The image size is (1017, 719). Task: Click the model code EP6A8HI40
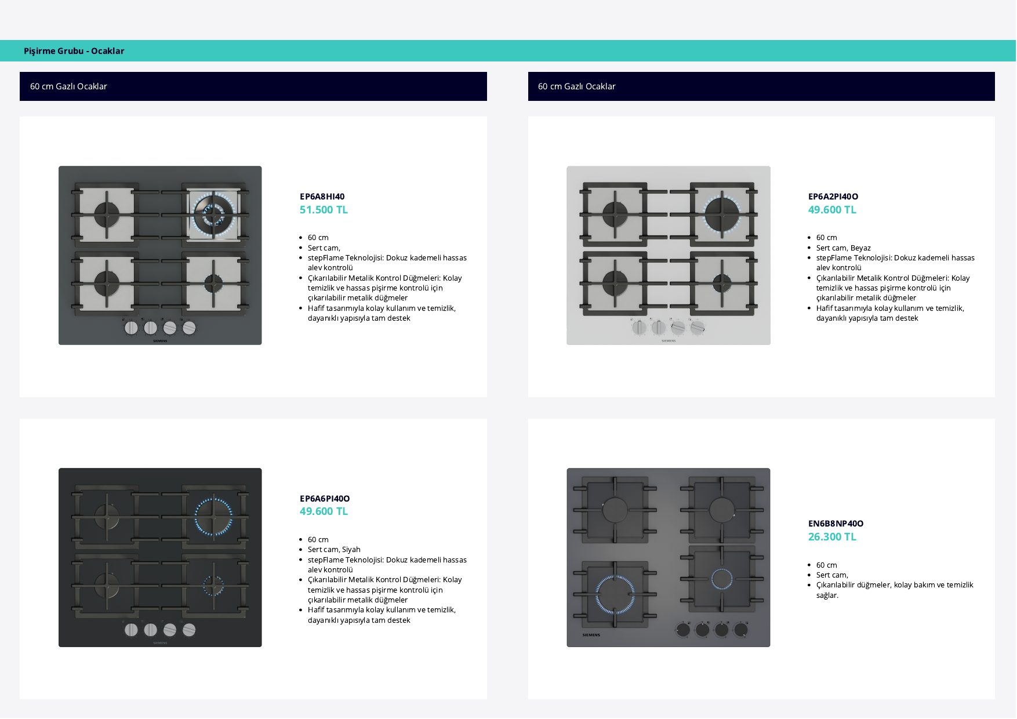pyautogui.click(x=322, y=197)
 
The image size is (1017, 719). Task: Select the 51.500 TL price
pyautogui.click(x=324, y=210)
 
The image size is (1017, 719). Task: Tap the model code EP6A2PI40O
pyautogui.click(x=833, y=197)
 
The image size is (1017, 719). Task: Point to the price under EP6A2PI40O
pyautogui.click(x=832, y=210)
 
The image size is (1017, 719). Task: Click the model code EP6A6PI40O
pyautogui.click(x=325, y=499)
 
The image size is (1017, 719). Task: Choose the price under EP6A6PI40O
pyautogui.click(x=324, y=511)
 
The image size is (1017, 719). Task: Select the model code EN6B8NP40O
pyautogui.click(x=836, y=524)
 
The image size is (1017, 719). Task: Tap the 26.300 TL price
pyautogui.click(x=832, y=537)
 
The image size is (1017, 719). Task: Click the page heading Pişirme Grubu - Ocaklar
pyautogui.click(x=74, y=51)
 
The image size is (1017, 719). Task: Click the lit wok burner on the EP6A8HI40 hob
pyautogui.click(x=213, y=214)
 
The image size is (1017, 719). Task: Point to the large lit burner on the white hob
pyautogui.click(x=722, y=214)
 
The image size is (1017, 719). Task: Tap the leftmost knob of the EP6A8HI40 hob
pyautogui.click(x=131, y=328)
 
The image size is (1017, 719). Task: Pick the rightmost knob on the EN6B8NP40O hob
pyautogui.click(x=741, y=629)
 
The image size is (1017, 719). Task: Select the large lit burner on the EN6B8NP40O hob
pyautogui.click(x=615, y=594)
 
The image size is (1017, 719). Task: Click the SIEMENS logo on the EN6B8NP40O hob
pyautogui.click(x=591, y=635)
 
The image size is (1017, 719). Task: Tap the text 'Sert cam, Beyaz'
pyautogui.click(x=843, y=248)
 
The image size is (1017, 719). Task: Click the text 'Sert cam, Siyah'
pyautogui.click(x=334, y=550)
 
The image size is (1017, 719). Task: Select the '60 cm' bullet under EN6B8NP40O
pyautogui.click(x=827, y=565)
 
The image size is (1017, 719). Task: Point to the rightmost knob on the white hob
pyautogui.click(x=698, y=328)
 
